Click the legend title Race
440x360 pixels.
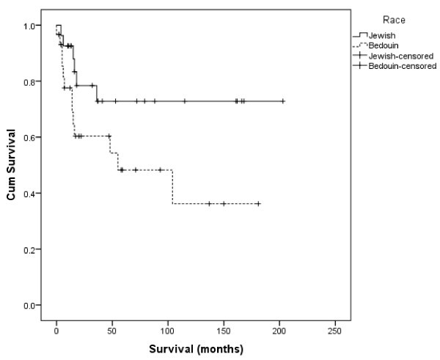coord(389,22)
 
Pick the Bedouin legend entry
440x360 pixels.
coord(384,45)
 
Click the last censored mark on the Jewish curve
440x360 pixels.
coord(283,101)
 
